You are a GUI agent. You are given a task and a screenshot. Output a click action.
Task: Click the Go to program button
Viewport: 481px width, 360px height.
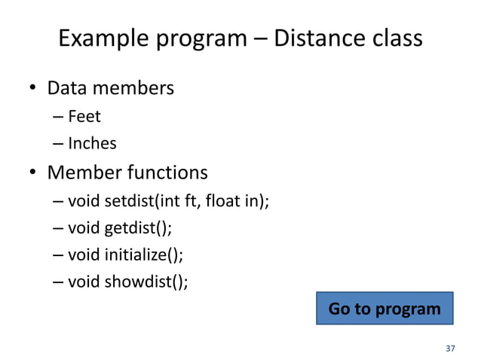point(384,310)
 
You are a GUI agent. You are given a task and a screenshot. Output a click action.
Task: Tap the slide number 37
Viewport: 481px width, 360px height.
point(451,349)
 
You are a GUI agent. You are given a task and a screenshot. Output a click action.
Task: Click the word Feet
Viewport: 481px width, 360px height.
point(84,117)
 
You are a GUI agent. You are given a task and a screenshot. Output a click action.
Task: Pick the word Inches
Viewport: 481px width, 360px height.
point(92,143)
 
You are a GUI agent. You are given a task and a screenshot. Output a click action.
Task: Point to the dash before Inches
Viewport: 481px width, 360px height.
point(59,143)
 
